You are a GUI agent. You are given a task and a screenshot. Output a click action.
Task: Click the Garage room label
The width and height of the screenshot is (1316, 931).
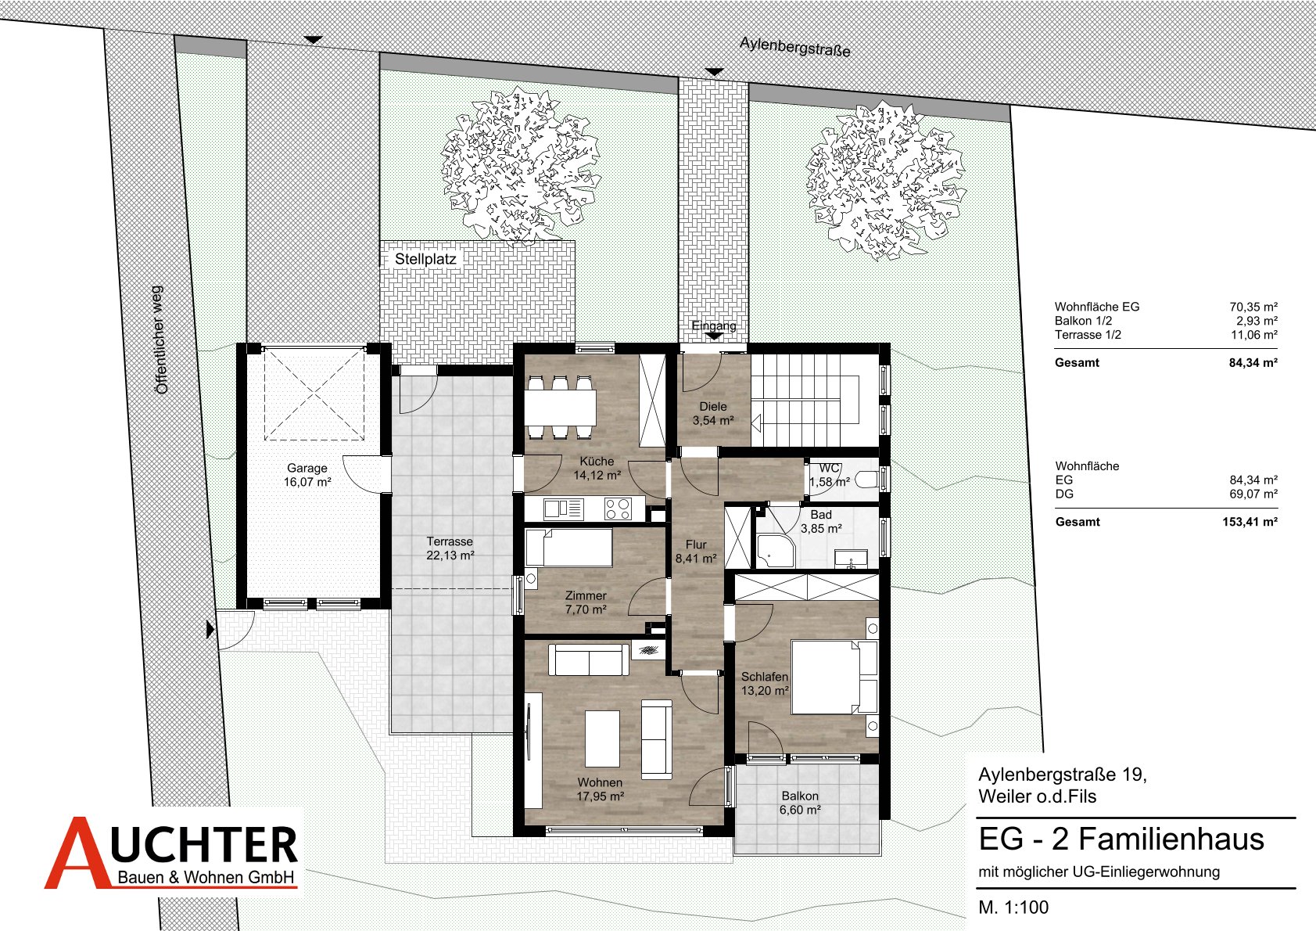[307, 475]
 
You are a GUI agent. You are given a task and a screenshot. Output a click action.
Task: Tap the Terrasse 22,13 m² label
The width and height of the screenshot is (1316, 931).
[450, 548]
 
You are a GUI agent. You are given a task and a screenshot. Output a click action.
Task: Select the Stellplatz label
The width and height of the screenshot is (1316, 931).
[425, 259]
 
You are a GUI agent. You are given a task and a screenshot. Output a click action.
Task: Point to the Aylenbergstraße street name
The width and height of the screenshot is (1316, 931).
[795, 47]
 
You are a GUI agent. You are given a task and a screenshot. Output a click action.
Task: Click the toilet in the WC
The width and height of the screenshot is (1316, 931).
[866, 480]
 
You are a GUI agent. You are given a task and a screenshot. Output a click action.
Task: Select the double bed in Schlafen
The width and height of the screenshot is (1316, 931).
[834, 677]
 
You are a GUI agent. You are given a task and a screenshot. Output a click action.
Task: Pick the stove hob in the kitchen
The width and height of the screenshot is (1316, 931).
[618, 509]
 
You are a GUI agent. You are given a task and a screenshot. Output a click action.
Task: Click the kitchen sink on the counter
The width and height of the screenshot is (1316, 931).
[563, 509]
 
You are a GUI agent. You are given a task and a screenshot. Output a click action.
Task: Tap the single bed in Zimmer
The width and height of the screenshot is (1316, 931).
[568, 548]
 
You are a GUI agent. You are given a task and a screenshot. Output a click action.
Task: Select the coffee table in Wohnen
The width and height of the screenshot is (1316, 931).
[602, 739]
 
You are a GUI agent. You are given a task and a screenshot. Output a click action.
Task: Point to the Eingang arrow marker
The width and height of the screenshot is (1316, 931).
[714, 336]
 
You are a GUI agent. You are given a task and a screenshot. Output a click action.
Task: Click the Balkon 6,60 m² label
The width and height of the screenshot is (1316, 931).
[800, 803]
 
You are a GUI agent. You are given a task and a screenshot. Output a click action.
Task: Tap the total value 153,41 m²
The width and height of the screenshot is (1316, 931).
[1250, 522]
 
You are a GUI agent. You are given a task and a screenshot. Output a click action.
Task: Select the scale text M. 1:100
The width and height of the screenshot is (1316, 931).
[1013, 907]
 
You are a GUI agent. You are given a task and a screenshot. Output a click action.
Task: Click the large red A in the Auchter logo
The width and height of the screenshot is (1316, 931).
[77, 853]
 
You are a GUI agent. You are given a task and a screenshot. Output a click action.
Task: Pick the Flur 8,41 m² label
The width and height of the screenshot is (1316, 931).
[696, 552]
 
